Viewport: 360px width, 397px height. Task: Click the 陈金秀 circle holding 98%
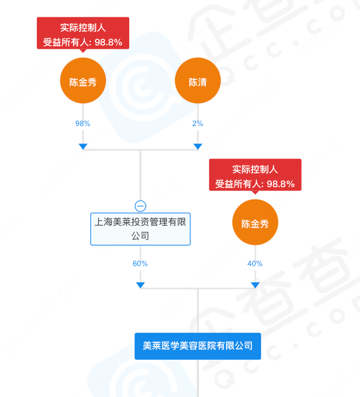[x=83, y=82]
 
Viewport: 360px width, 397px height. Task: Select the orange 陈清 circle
[x=197, y=82]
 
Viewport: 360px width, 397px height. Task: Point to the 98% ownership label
[x=83, y=123]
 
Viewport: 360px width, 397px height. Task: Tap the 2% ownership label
[x=197, y=123]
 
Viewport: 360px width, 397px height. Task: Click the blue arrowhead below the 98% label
[x=83, y=146]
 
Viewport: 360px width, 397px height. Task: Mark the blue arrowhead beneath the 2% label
[x=198, y=146]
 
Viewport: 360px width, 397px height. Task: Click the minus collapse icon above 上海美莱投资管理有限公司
[x=141, y=206]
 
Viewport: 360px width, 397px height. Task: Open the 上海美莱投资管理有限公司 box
[x=141, y=229]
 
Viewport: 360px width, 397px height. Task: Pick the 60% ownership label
[x=140, y=263]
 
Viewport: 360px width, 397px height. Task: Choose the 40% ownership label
[x=255, y=263]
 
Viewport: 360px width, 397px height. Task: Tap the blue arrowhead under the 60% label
[x=141, y=285]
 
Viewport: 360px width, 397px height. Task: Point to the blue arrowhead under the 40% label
[x=255, y=285]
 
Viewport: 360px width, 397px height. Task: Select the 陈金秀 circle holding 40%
[x=255, y=223]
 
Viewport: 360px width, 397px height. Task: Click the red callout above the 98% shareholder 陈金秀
[x=83, y=33]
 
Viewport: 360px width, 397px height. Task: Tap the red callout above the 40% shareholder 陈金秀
[x=255, y=175]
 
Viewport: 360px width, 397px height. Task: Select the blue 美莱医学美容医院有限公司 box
[x=198, y=346]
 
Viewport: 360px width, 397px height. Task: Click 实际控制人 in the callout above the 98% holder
[x=83, y=28]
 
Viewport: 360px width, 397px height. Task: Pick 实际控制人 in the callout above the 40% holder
[x=255, y=169]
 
